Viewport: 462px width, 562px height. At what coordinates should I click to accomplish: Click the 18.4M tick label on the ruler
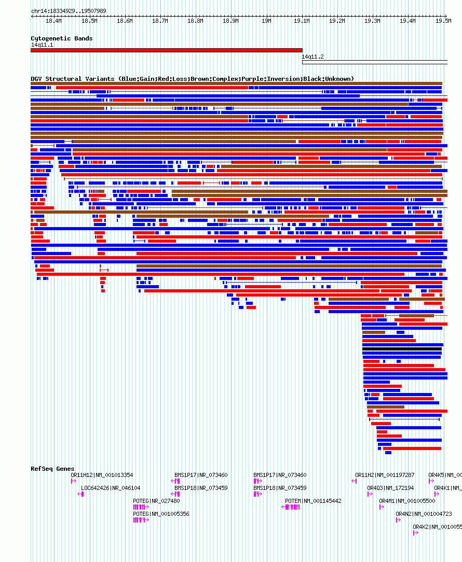[x=53, y=21]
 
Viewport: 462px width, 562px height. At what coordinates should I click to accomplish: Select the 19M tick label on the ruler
[x=266, y=21]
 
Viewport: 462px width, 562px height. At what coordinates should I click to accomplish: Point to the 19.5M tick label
[x=443, y=21]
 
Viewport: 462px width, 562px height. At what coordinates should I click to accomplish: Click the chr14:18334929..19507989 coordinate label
[x=69, y=11]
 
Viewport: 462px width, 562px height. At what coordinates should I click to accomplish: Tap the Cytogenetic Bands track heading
[x=61, y=38]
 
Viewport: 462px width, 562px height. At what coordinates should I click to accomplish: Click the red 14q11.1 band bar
[x=166, y=50]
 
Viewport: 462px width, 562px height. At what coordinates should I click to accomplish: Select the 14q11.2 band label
[x=312, y=57]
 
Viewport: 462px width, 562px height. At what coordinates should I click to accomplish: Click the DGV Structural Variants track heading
[x=192, y=79]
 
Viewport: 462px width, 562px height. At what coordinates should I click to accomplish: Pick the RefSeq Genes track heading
[x=52, y=469]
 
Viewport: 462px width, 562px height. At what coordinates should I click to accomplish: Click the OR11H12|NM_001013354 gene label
[x=102, y=475]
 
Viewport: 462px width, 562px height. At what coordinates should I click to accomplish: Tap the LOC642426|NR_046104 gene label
[x=111, y=488]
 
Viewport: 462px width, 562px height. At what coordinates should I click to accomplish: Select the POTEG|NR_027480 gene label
[x=156, y=501]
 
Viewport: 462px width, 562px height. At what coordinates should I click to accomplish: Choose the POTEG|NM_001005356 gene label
[x=161, y=514]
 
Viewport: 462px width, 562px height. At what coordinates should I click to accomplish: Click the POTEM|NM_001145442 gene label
[x=313, y=501]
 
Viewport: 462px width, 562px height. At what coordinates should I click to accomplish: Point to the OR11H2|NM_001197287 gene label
[x=385, y=475]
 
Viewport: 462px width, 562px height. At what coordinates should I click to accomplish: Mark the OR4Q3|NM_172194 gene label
[x=390, y=488]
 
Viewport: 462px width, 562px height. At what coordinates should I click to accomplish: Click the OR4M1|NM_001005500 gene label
[x=407, y=501]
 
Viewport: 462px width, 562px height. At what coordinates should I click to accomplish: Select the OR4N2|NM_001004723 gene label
[x=424, y=514]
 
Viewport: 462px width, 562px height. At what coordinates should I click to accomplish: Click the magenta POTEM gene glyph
[x=292, y=507]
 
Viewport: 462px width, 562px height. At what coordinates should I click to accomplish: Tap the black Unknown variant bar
[x=402, y=349]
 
